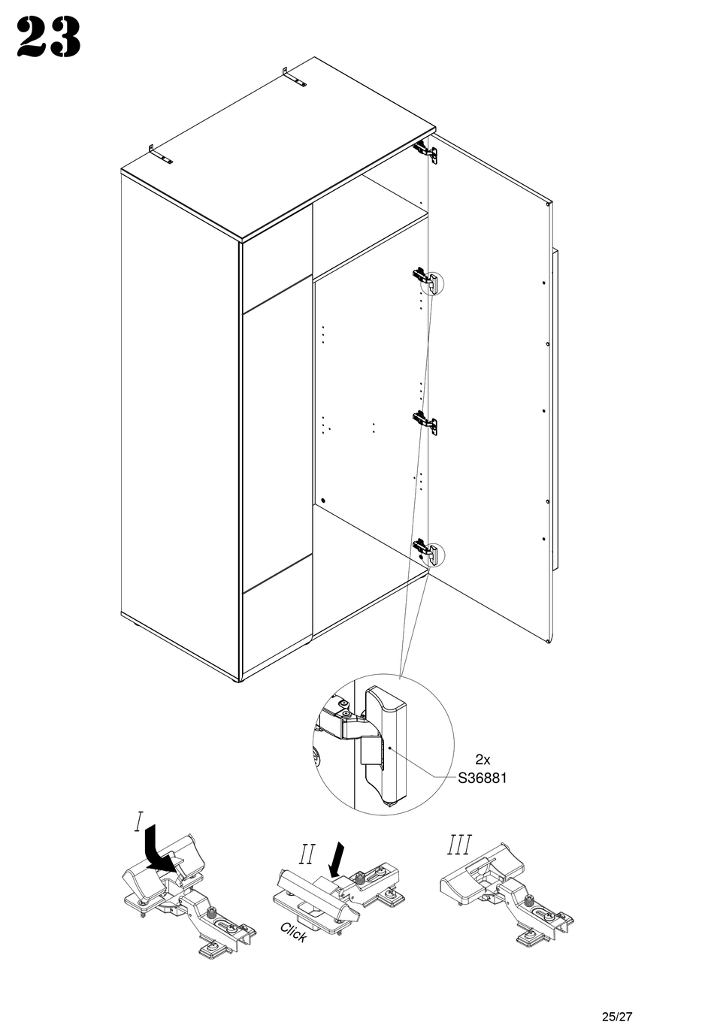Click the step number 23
pos(48,38)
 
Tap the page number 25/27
pos(616,996)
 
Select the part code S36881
pos(483,778)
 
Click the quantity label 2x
pos(483,760)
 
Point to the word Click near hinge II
pos(293,933)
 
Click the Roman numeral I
pos(138,821)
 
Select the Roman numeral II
pos(307,854)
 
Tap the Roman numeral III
pos(459,845)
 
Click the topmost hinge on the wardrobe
pos(425,150)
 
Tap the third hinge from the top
pos(425,422)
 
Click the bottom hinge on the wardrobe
pos(425,550)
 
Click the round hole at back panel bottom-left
pos(323,500)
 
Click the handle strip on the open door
pos(555,410)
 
